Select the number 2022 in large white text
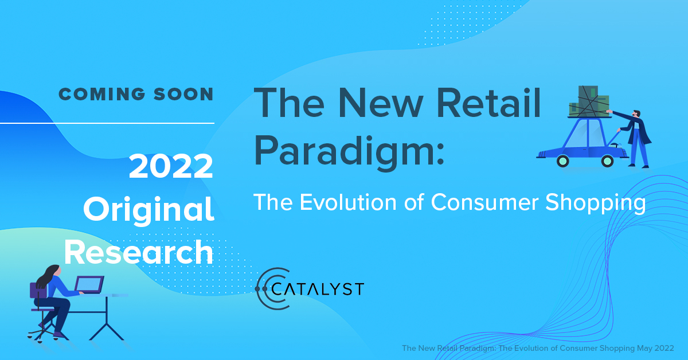[171, 167]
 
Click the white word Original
[148, 210]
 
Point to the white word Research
[138, 252]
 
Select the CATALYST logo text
[318, 288]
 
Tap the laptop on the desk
[89, 284]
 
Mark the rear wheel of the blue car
[562, 161]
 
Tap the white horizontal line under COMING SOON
[107, 123]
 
